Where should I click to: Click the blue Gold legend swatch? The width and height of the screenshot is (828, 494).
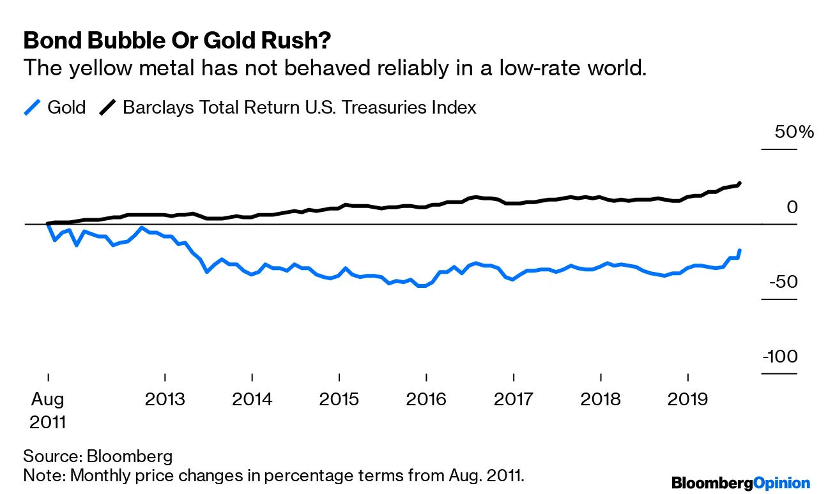32,107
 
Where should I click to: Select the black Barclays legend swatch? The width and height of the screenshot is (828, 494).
107,107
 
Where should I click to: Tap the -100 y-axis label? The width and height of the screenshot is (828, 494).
780,356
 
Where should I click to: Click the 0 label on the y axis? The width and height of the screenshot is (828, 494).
793,207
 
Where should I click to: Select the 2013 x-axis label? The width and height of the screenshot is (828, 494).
165,400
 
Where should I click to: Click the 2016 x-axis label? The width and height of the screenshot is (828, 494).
426,400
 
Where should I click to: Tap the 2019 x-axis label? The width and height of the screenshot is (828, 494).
687,400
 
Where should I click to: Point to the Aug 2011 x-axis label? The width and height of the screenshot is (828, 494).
48,410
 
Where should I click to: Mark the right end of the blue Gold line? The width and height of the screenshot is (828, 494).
740,250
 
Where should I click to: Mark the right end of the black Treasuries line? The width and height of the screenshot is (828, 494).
740,183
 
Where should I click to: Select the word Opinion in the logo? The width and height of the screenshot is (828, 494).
782,483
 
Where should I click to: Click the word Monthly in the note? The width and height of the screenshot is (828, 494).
103,475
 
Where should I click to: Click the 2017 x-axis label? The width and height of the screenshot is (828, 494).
513,400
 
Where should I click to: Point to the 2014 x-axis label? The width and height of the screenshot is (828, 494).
252,400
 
